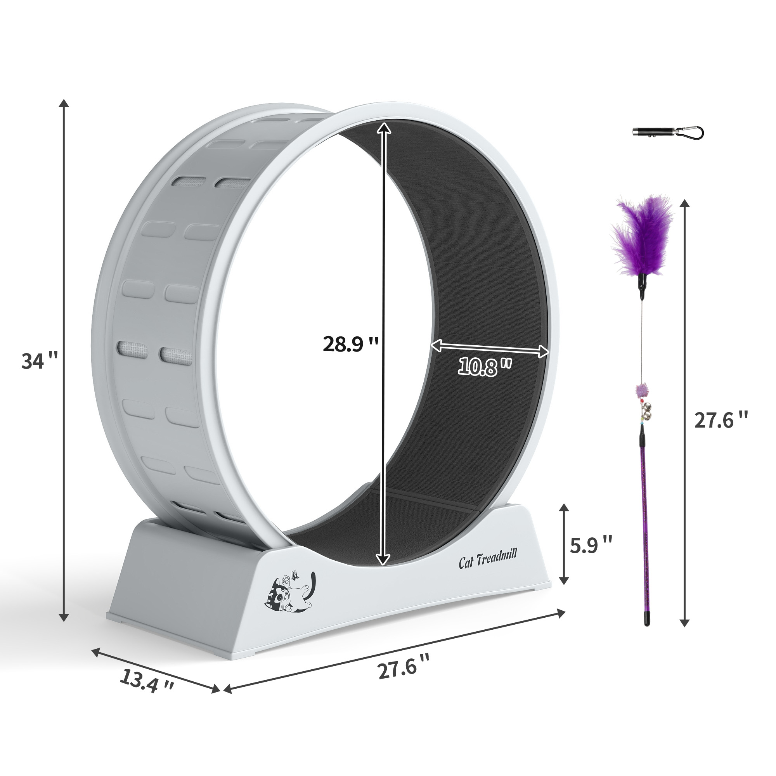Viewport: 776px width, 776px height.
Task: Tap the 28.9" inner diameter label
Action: tap(351, 344)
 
